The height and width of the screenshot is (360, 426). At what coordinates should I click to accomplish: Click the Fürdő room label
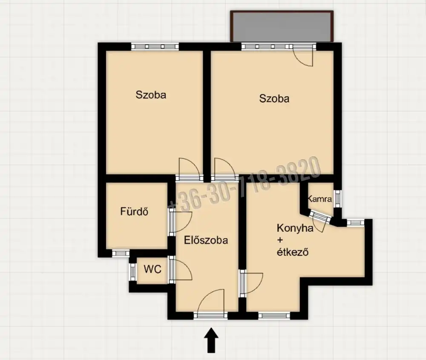click(134, 211)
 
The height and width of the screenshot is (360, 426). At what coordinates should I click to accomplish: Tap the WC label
click(153, 269)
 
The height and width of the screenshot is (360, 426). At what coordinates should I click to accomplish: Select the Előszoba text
click(206, 240)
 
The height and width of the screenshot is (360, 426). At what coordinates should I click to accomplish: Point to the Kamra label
click(320, 199)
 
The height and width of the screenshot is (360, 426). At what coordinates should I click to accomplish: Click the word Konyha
click(295, 228)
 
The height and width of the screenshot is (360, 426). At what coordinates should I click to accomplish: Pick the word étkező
click(293, 252)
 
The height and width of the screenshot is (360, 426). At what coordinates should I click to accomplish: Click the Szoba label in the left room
click(151, 95)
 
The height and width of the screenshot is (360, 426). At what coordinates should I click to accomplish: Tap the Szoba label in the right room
click(274, 98)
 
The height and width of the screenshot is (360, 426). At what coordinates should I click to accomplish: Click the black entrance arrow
click(211, 340)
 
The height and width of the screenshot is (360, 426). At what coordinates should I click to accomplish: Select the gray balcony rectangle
click(282, 26)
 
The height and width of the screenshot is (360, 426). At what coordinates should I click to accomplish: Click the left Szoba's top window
click(155, 46)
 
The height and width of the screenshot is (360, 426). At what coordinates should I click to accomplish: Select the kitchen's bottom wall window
click(274, 315)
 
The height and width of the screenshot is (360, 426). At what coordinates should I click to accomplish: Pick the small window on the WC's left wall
click(132, 272)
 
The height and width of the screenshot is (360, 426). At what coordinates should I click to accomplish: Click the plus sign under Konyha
click(280, 240)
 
